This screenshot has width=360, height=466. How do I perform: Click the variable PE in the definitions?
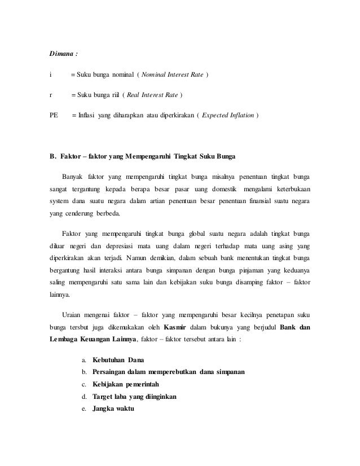point(54,116)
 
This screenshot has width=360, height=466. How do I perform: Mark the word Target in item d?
point(104,397)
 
